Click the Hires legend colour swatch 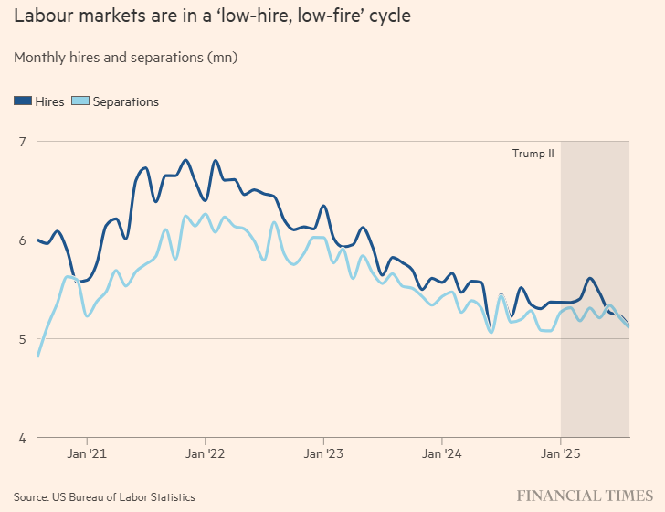pos(24,101)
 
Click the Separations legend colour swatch pos(80,101)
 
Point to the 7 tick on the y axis pos(22,142)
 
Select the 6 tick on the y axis pos(22,240)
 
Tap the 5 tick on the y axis pos(22,339)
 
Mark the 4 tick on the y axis pos(22,438)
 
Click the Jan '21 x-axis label pos(88,453)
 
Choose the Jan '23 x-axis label pos(324,453)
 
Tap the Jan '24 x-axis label pos(442,453)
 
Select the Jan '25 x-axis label pos(560,453)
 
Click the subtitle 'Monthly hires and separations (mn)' pos(125,58)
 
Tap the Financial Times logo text pos(585,496)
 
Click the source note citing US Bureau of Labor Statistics pos(104,496)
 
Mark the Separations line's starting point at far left pos(38,355)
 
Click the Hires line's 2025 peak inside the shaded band pos(589,278)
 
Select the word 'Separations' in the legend pos(126,101)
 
